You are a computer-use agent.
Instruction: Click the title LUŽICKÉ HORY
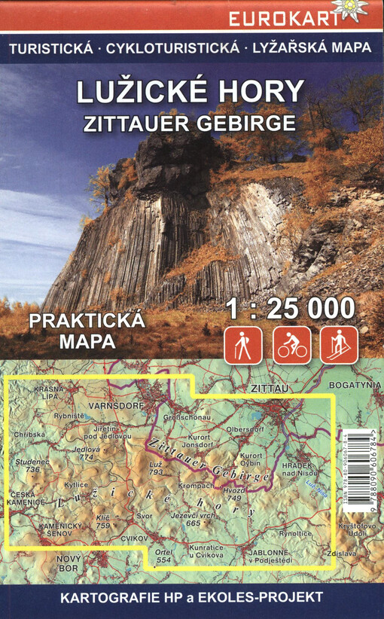click(x=192, y=92)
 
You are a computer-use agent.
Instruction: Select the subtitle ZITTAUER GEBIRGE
click(x=192, y=120)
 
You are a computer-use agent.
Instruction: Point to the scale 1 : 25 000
click(x=290, y=309)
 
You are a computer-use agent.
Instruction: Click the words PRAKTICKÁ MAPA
click(x=86, y=330)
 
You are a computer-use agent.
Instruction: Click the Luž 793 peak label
click(x=156, y=468)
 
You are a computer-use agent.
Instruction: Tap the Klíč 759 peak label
click(x=103, y=521)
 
